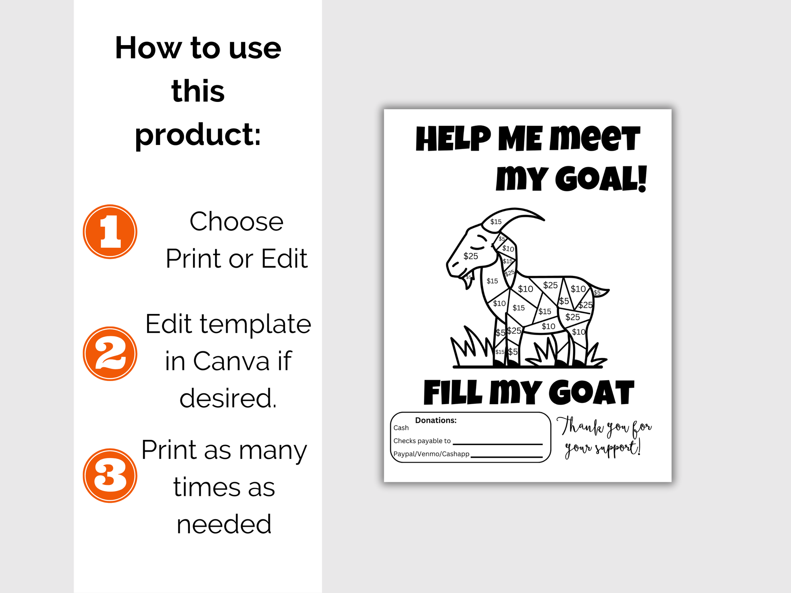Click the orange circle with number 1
[x=110, y=232]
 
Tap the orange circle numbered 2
[x=110, y=354]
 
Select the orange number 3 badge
[x=110, y=476]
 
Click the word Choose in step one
[x=236, y=222]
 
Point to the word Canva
[x=231, y=361]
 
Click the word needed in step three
[x=224, y=524]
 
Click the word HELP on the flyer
[x=453, y=139]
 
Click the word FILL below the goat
[x=453, y=393]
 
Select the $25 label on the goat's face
[x=471, y=256]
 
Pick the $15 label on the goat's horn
[x=496, y=222]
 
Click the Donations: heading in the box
[x=436, y=420]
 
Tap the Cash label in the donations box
[x=401, y=428]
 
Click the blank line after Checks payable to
[x=498, y=444]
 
